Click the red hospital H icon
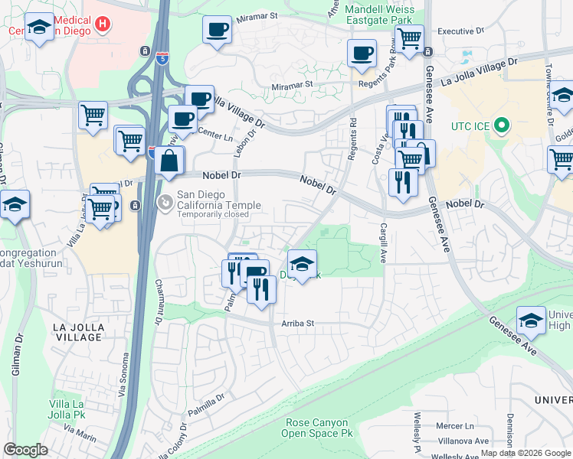point(103,24)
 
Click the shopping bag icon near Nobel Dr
point(169,161)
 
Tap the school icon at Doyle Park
point(303,265)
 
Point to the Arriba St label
point(293,324)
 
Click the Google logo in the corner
point(26,449)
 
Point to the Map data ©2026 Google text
point(526,453)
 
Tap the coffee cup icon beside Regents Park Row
point(362,54)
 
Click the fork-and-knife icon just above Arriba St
point(261,289)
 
